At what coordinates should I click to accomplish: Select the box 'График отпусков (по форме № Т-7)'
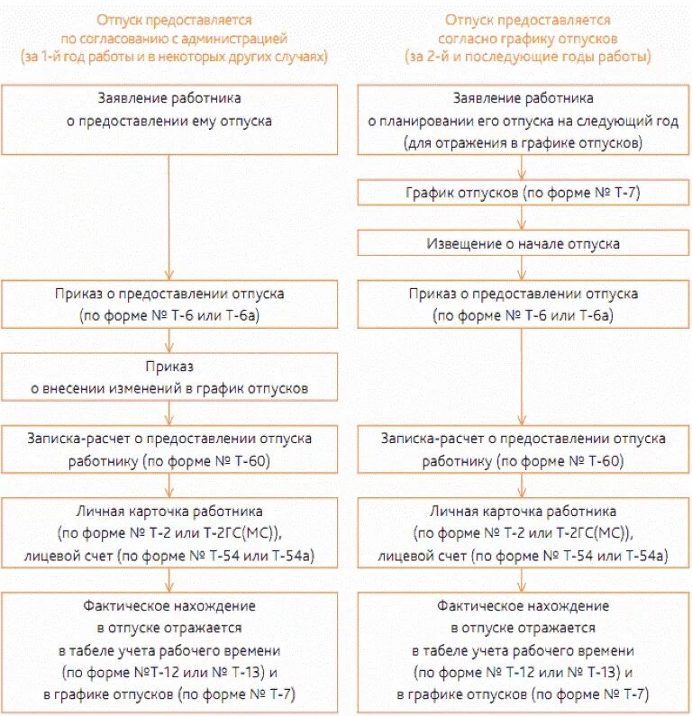point(523,193)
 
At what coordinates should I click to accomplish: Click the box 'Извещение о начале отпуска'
point(523,243)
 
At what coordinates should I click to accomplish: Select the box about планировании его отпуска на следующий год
point(523,119)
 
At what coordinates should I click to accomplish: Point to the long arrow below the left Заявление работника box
point(168,216)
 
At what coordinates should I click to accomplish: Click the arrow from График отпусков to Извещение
point(519,218)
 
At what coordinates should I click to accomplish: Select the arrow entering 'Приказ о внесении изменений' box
point(168,340)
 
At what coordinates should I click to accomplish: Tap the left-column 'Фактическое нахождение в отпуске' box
point(168,649)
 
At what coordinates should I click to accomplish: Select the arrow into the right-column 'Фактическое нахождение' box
point(519,580)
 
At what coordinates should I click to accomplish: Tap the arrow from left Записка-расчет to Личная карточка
point(168,484)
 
